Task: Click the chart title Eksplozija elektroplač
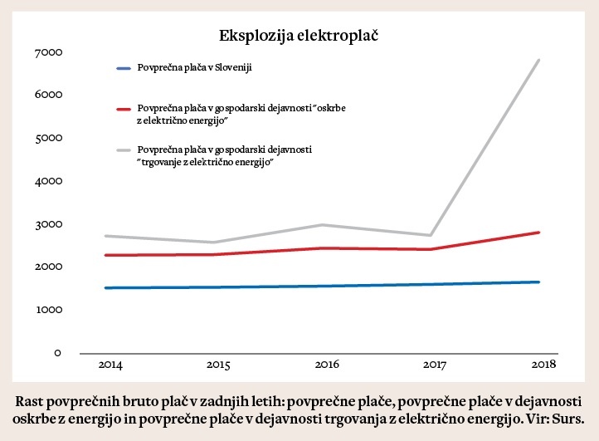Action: click(299, 36)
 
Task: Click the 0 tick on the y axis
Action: click(57, 353)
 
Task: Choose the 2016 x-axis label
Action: click(326, 365)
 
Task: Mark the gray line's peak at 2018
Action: click(539, 60)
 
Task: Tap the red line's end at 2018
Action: click(539, 233)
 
